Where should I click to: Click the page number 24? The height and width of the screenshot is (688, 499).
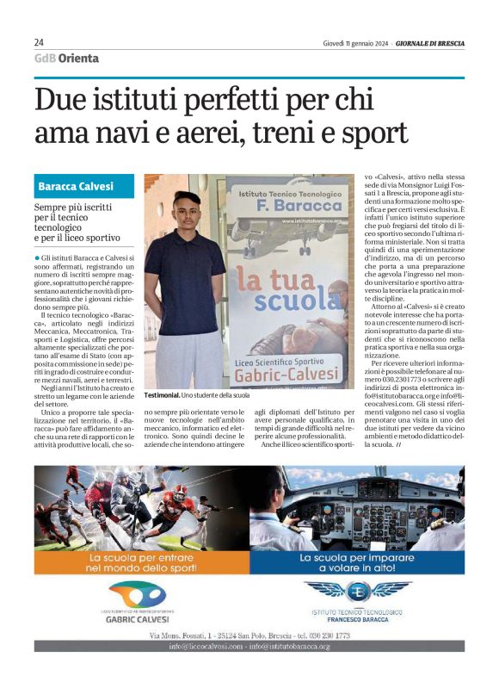(x=40, y=42)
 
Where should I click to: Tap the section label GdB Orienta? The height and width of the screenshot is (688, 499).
(x=66, y=59)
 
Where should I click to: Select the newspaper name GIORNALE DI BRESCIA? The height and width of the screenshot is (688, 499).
(x=429, y=42)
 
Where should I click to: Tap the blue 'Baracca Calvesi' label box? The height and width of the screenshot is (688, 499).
(x=84, y=186)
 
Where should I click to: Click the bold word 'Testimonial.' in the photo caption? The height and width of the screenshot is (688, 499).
(x=162, y=394)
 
